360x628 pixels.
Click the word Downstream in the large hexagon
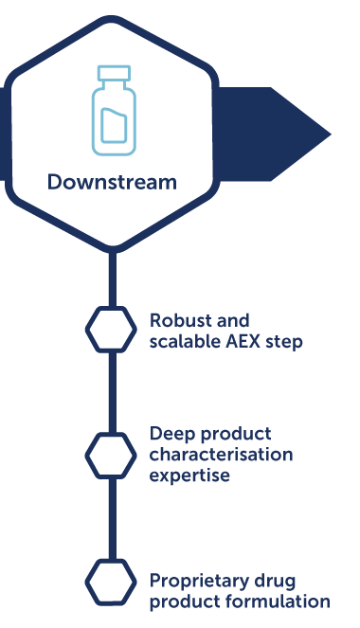[112, 182]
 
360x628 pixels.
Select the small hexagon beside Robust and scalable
[111, 329]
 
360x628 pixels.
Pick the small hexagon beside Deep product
[111, 454]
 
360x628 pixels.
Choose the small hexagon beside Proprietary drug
[111, 580]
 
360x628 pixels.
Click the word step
[284, 341]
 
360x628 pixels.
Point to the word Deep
[171, 434]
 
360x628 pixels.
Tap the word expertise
[189, 475]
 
